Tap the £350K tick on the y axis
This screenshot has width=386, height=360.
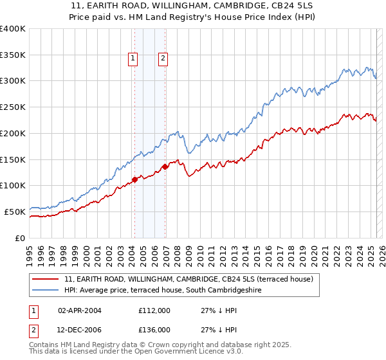13,55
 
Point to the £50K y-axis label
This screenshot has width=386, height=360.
15,212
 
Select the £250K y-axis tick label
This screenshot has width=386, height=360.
13,107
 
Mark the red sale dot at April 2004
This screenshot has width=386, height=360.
134,179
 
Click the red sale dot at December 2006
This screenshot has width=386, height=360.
165,166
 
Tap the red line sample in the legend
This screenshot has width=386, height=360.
46,279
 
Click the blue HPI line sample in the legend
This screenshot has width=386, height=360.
46,290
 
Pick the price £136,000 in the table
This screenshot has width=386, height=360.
154,330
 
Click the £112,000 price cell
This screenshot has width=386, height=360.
154,310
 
